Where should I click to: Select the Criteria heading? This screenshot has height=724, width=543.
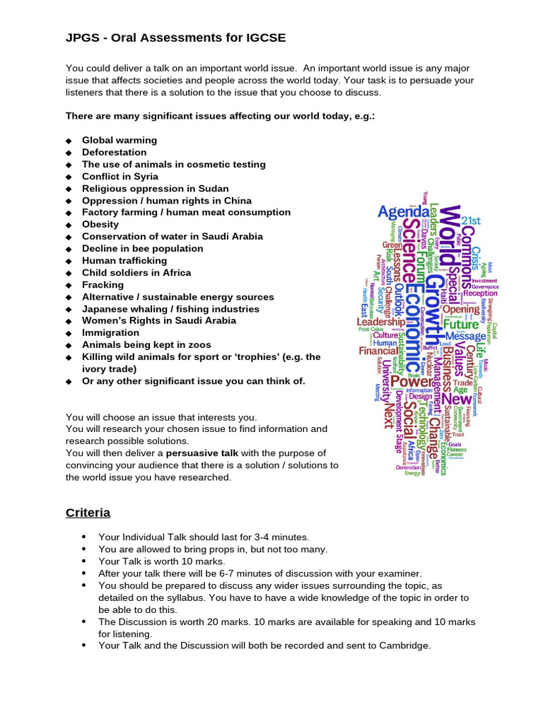88,512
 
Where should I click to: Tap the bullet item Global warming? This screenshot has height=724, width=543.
119,140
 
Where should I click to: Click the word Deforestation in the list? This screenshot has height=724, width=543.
115,152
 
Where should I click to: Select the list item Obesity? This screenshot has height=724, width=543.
100,224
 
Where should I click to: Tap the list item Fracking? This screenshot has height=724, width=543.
103,284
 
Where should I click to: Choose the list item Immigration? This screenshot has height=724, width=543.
110,332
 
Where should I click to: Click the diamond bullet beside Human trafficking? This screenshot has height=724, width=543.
69,261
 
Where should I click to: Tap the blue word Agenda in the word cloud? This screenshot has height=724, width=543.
402,212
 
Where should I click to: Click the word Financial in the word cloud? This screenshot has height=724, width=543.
378,351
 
